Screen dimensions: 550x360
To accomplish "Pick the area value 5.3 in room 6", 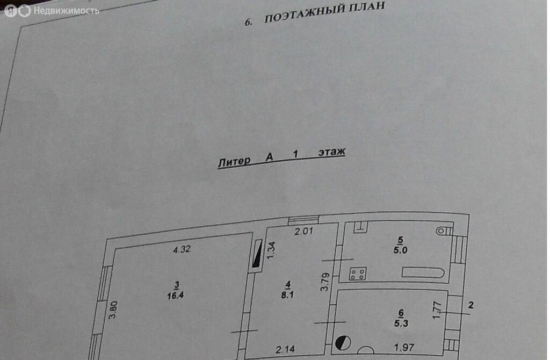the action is (x=400, y=323).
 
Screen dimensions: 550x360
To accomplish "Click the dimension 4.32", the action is (x=182, y=249).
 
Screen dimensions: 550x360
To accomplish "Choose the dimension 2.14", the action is (x=286, y=350).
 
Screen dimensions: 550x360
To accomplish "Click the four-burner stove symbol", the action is (x=357, y=274).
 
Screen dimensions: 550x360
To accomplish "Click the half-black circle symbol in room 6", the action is (x=343, y=342).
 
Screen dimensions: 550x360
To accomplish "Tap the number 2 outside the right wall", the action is (x=471, y=305).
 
